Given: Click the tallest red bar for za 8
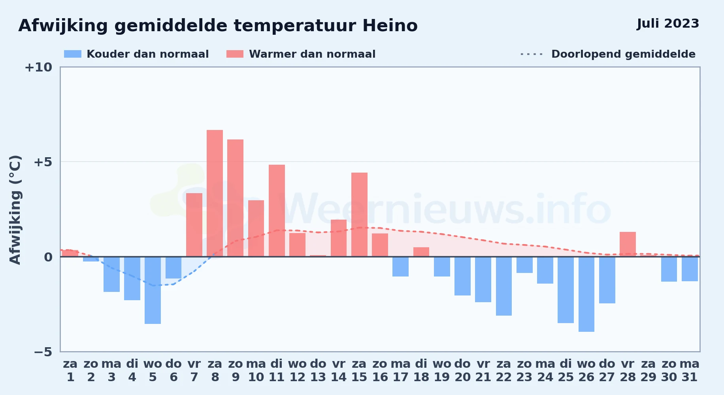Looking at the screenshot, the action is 215,193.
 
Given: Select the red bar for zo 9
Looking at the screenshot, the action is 235,198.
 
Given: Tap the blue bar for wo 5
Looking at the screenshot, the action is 153,290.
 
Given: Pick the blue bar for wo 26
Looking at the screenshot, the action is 586,294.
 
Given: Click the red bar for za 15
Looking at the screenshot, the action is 359,214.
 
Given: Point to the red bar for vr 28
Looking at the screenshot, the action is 628,244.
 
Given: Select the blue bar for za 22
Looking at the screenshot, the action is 504,286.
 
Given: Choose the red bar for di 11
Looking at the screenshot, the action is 277,211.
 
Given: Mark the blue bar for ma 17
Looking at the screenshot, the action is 400,267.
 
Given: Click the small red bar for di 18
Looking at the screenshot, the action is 421,252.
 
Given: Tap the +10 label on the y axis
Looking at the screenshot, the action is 38,68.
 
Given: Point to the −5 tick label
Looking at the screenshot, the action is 43,352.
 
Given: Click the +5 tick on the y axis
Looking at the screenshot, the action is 43,162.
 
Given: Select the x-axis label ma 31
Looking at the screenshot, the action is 690,371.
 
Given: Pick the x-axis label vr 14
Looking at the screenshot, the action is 339,371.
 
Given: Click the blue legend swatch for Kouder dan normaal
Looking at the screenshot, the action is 73,54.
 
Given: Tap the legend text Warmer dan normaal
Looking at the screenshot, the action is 312,54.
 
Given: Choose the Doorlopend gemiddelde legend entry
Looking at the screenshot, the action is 608,54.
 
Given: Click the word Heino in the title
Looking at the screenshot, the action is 390,26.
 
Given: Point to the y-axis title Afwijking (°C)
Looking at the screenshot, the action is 15,209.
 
